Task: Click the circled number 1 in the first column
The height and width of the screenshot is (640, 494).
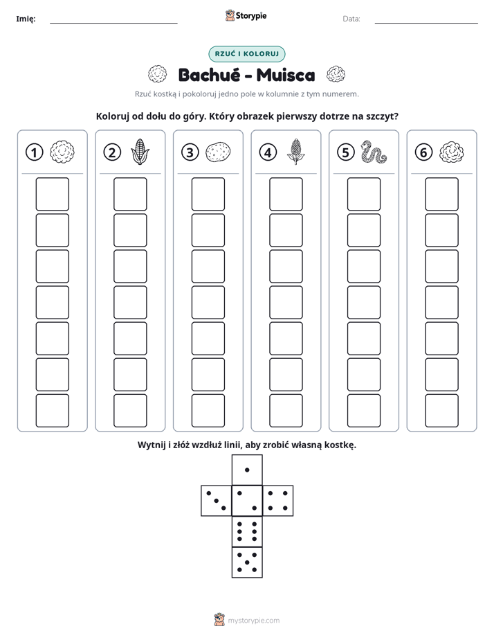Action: coord(34,152)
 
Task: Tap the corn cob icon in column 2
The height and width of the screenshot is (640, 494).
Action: coord(140,152)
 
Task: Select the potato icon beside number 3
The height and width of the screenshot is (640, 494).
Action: coord(218,152)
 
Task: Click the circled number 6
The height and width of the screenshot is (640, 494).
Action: coord(423,152)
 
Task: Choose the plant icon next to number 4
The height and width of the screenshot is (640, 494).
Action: coord(295,152)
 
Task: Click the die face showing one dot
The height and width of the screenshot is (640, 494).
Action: coord(247,470)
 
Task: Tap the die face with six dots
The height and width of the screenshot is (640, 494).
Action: coord(247,531)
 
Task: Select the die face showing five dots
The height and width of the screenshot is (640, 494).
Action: coord(247,562)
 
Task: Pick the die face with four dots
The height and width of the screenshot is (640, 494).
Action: coord(278,500)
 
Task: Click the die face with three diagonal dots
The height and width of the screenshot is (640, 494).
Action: coord(217,500)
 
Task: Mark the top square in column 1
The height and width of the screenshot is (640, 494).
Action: coord(52,194)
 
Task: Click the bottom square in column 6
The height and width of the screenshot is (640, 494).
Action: coord(442,411)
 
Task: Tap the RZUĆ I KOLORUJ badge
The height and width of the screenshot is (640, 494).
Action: coord(247,54)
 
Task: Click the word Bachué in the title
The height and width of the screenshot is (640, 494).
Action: coord(210,75)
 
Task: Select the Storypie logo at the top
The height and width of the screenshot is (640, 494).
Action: coord(246,16)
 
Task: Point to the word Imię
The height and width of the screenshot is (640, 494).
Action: coord(26,19)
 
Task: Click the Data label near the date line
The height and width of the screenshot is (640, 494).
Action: coord(351,19)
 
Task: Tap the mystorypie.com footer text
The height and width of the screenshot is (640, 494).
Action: coord(253,621)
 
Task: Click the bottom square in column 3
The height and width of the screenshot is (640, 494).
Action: coord(208,411)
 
